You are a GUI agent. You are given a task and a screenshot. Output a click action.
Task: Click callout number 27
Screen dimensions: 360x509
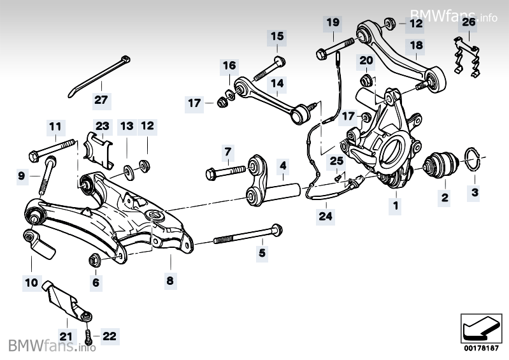(x=102, y=99)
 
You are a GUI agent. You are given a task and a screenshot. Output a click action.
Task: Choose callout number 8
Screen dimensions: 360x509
(x=170, y=280)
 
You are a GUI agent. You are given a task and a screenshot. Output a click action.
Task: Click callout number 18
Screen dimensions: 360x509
(x=416, y=45)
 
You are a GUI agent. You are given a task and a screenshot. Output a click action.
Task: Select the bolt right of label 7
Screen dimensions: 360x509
(x=226, y=171)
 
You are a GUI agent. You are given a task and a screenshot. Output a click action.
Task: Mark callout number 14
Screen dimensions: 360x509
(x=276, y=83)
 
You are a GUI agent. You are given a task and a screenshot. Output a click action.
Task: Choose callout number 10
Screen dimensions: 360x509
(x=31, y=280)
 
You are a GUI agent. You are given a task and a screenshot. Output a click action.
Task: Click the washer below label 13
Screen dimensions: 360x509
(x=129, y=170)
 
